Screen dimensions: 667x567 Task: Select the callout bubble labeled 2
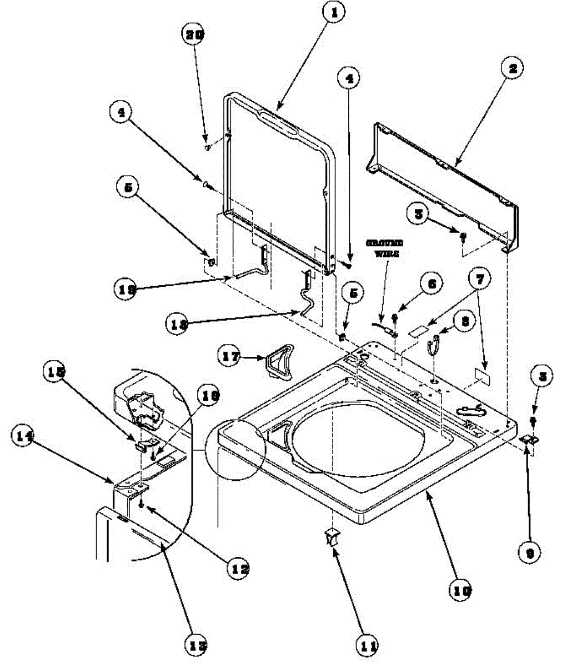513,69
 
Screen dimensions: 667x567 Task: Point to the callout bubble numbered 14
24,438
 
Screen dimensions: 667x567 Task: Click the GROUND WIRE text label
384,247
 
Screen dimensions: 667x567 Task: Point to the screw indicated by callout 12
143,505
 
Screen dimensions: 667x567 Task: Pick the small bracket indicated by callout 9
529,439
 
